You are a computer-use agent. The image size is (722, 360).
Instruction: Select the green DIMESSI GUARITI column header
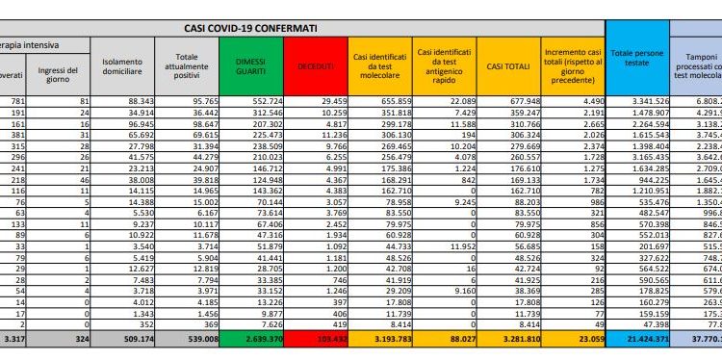tap(253, 63)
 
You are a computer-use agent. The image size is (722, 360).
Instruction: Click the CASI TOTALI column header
tap(508, 63)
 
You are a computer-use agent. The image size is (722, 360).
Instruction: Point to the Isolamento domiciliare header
tap(123, 63)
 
